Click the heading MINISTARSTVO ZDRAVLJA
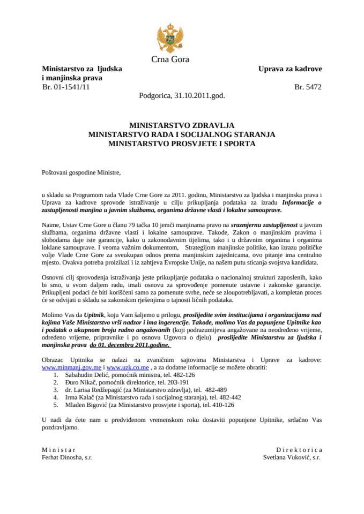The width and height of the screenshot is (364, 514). pos(181,123)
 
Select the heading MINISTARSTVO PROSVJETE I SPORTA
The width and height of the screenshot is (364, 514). pos(181,143)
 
